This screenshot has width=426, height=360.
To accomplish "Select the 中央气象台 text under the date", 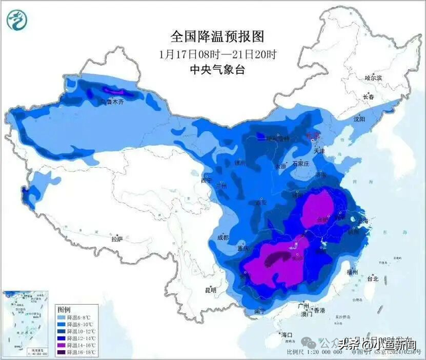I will [208, 70].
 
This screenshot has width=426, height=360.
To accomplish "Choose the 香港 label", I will [320, 311].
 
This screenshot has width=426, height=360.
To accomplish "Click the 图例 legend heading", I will [64, 310].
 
